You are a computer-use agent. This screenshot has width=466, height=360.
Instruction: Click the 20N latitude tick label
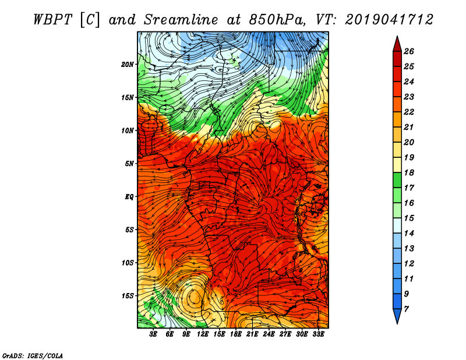coord(127,65)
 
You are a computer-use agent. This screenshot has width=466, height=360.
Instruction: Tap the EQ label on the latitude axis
coord(129,197)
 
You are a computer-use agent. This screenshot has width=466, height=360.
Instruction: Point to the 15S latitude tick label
coord(128,296)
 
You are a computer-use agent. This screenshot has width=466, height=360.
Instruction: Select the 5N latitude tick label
coord(129,164)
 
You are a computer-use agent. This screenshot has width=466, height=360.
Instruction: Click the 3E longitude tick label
coord(153,334)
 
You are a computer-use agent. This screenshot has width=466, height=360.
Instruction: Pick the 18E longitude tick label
coord(236,334)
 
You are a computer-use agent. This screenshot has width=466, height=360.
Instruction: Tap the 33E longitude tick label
coord(318,334)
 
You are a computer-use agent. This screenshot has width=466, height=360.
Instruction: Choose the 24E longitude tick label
coord(269,334)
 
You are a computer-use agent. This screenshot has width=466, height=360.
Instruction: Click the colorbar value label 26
coord(409,51)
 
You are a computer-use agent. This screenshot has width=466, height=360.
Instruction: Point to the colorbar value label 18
coord(409,172)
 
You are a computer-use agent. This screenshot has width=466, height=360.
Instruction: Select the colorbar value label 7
coord(406,309)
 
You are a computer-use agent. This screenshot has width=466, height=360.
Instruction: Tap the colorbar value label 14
coord(409,234)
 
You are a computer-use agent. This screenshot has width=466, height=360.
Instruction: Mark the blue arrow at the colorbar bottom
coord(397,315)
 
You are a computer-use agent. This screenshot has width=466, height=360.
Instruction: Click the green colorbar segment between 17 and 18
coord(397,180)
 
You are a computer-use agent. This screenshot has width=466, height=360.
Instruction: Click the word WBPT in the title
coord(52,20)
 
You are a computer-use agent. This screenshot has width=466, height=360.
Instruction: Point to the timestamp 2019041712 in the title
coord(389,20)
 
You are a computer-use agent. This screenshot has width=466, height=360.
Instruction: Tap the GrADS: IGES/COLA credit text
coord(33,355)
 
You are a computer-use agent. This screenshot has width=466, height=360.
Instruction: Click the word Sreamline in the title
coord(181,20)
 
